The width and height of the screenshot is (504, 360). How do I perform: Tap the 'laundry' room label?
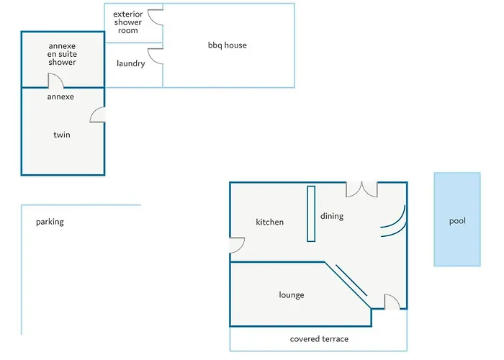tap(130, 63)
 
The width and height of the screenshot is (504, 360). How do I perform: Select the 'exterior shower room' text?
tap(128, 22)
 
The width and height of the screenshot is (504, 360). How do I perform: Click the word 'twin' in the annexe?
tap(61, 135)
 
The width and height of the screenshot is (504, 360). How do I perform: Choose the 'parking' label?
tap(50, 222)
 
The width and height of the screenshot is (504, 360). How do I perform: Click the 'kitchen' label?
tap(270, 222)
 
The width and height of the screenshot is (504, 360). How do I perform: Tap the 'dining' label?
tap(332, 216)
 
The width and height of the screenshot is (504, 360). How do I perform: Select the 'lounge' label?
tap(292, 295)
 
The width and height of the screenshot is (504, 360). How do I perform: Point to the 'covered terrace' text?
tap(319, 339)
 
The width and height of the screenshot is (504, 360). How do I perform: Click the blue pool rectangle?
tap(456, 220)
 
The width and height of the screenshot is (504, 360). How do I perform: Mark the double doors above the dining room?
tap(361, 189)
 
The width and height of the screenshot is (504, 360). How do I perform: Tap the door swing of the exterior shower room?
tap(155, 17)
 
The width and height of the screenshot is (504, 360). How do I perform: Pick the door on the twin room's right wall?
tap(99, 114)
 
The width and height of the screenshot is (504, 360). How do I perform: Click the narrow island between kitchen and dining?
tap(311, 214)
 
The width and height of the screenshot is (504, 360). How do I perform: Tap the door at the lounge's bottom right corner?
tap(392, 302)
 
